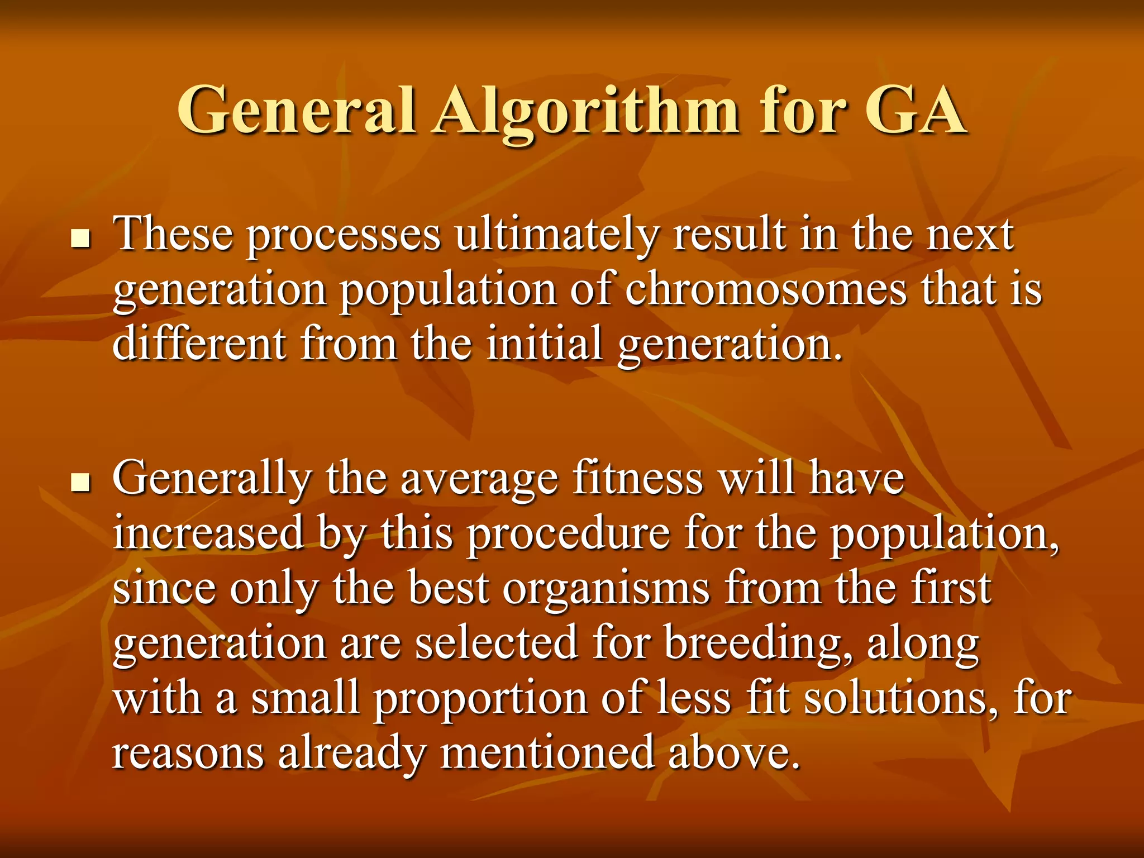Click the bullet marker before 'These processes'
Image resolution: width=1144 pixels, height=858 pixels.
coord(82,240)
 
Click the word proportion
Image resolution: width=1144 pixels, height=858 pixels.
coord(480,698)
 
